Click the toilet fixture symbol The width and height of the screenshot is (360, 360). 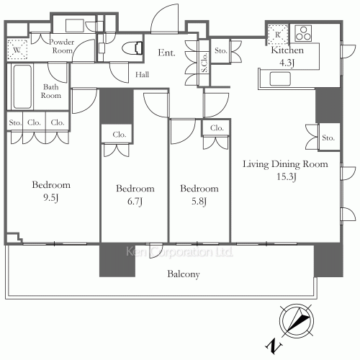click(132, 48)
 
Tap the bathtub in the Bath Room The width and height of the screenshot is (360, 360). click(22, 86)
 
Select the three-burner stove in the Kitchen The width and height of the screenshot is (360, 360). click(303, 33)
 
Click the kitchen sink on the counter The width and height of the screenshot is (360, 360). click(280, 79)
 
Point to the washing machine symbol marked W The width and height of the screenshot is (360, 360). click(17, 50)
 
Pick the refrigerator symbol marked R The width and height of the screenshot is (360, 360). click(278, 35)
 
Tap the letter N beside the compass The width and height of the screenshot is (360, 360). click(274, 346)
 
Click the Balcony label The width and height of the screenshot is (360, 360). click(184, 274)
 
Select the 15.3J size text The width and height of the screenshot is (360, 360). click(287, 176)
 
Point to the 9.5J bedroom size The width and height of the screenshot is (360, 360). click(51, 197)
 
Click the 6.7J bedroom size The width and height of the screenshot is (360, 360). click(135, 201)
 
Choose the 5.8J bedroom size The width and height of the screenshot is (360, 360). click(199, 201)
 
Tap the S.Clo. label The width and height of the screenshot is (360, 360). click(204, 63)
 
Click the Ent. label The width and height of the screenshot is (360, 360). click(166, 53)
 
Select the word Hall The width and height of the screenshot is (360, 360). click(142, 75)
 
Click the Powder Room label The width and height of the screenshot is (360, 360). click(61, 46)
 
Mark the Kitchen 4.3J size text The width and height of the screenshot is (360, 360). click(287, 63)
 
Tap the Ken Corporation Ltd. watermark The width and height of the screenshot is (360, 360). click(179, 252)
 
